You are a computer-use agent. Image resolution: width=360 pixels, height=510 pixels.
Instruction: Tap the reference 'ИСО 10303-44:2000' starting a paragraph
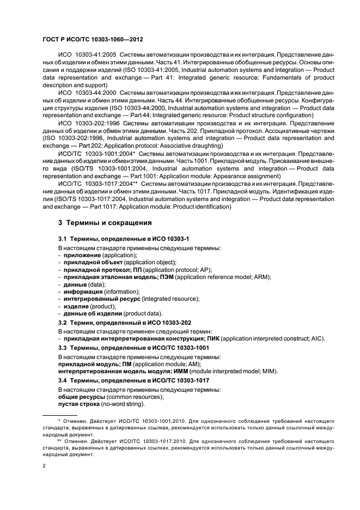point(86,94)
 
